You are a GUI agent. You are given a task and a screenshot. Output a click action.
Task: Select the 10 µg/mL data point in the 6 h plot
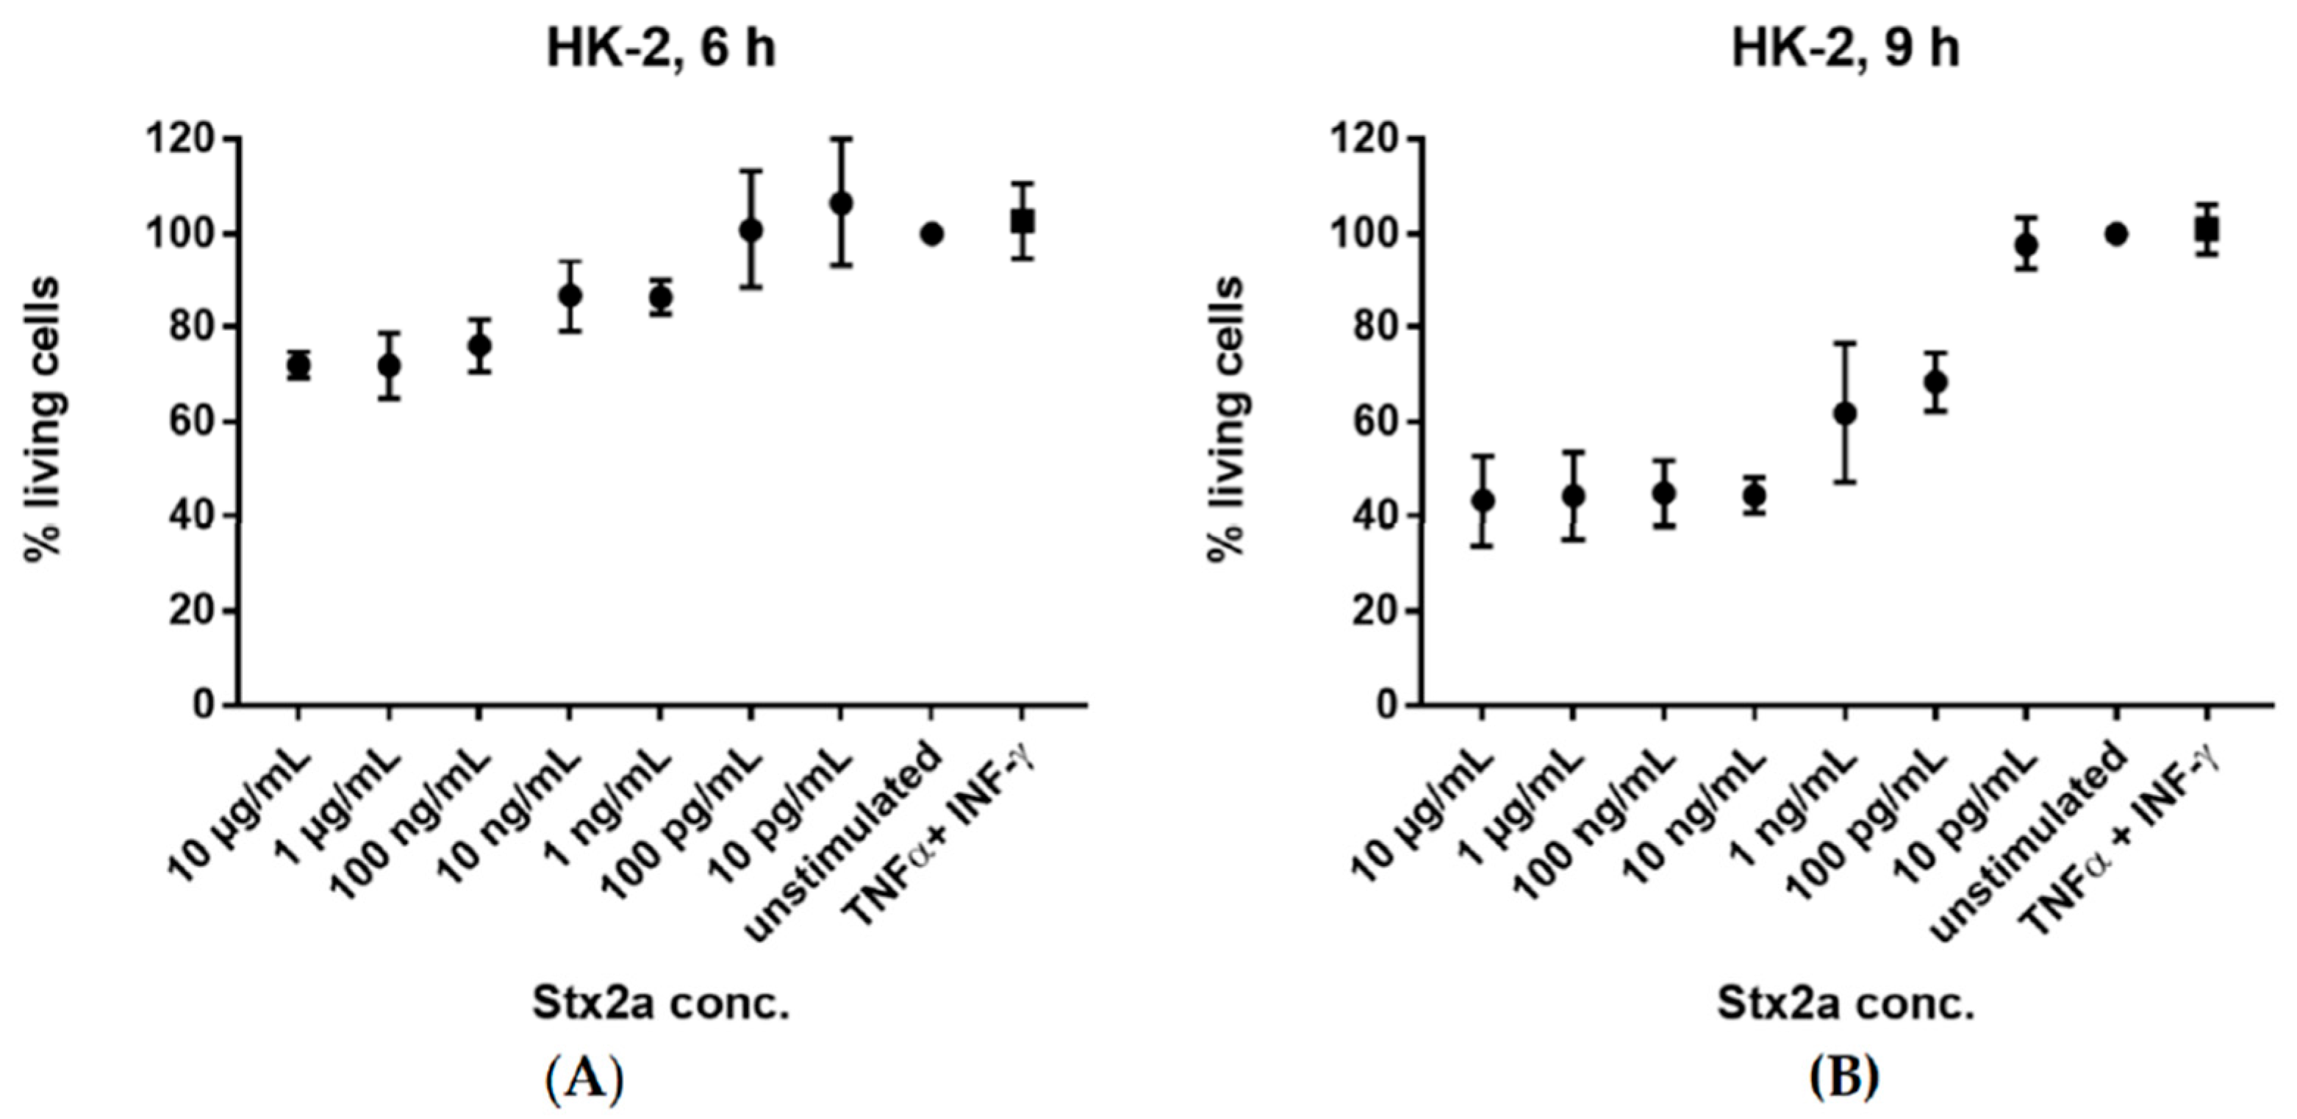[x=298, y=365]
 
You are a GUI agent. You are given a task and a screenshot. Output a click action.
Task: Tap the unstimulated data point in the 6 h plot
[x=932, y=235]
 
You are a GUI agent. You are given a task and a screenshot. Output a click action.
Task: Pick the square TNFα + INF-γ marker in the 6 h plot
[x=1022, y=221]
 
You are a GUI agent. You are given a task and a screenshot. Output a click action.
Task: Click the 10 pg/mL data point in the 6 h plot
[x=841, y=204]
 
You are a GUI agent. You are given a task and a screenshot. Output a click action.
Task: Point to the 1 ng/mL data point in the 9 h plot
[x=1845, y=414]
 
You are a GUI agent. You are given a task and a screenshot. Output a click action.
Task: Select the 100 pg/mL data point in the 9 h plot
[x=1935, y=382]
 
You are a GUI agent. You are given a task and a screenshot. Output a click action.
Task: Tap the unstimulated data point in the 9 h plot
[x=2116, y=235]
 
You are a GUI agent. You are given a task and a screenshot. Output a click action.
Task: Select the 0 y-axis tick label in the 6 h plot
[x=204, y=705]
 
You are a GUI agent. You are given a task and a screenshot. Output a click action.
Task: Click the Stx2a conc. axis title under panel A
[x=660, y=1005]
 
